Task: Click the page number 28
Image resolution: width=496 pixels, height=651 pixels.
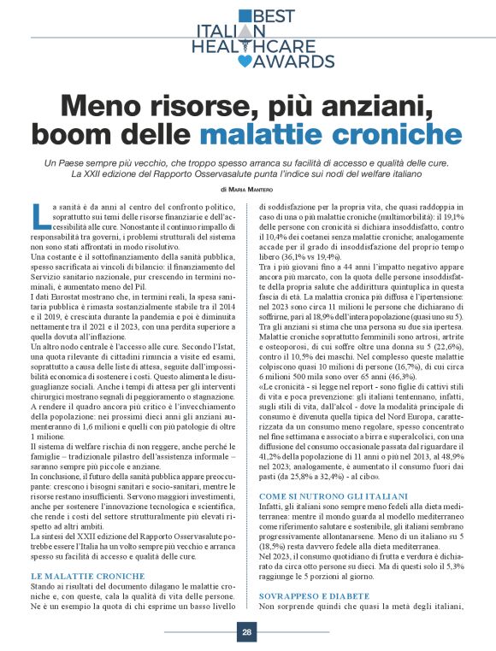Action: (x=246, y=633)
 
